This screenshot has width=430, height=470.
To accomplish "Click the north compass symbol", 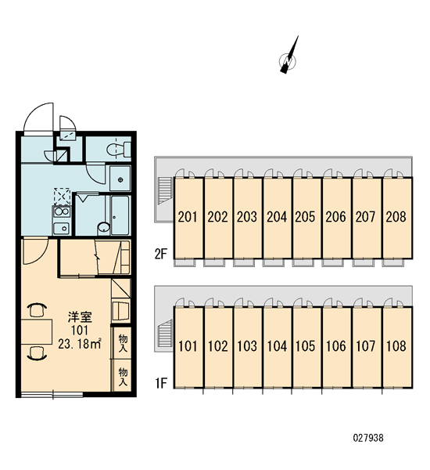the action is coord(288,60).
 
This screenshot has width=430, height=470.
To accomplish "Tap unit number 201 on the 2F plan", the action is coord(188,217).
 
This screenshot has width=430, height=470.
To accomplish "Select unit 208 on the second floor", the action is coord(396,217).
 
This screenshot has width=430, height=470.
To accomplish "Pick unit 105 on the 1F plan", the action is coord(305,346).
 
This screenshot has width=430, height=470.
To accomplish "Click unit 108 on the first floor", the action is coord(396,346).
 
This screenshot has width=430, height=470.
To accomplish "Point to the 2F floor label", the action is coord(161,254).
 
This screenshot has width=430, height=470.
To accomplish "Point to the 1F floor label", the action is coord(161,383).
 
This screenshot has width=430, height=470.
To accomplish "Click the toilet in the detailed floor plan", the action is coord(119,149).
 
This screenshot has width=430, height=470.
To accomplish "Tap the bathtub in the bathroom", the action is coord(120,215).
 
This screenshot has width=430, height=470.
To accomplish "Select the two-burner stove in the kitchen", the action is coord(62,211).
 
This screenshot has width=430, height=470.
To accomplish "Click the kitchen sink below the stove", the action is coord(62,229).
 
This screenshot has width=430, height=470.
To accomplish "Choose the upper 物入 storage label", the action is coord(123,343).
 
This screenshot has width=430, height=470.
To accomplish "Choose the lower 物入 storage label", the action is coord(123,377).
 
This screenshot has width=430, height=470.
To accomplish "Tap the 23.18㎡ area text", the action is coord(80,344).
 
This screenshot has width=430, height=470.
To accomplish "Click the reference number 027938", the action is coord(368,438).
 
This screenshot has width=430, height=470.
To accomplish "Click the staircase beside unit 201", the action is coord(165,190).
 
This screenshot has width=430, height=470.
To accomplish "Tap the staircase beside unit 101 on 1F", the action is coord(165,334).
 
